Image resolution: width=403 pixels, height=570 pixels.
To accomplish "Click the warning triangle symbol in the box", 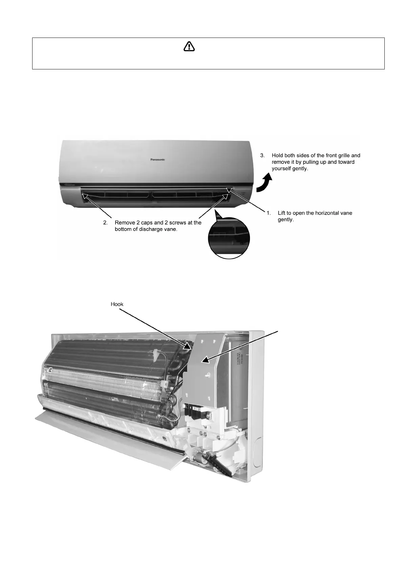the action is (189, 47).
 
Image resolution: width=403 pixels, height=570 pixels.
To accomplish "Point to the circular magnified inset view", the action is (229, 238).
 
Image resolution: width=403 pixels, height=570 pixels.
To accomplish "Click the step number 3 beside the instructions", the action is (262, 155).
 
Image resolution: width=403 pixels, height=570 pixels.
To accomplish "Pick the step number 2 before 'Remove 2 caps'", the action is (105, 223).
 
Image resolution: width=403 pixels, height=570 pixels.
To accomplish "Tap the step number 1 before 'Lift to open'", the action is (269, 213).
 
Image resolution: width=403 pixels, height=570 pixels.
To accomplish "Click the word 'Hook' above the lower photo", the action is (117, 304).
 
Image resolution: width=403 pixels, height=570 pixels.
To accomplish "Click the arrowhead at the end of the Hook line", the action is (188, 346).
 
